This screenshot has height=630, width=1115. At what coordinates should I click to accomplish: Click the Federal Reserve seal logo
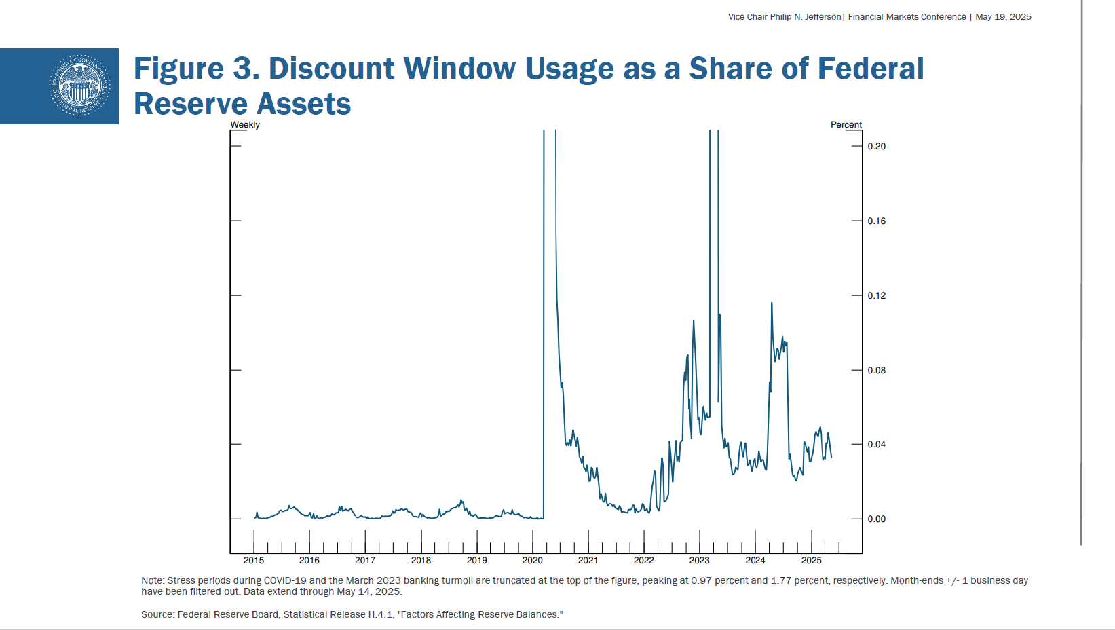pyautogui.click(x=79, y=86)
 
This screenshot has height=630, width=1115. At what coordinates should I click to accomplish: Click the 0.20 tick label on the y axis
pyautogui.click(x=876, y=146)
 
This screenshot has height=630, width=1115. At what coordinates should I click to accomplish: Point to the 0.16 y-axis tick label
pyautogui.click(x=876, y=221)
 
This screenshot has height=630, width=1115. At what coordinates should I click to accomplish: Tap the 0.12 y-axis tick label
pyautogui.click(x=876, y=295)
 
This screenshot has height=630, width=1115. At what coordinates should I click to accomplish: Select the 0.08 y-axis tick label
pyautogui.click(x=876, y=370)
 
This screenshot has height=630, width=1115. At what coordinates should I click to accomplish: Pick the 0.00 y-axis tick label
pyautogui.click(x=876, y=519)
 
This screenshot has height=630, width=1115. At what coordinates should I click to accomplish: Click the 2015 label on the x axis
pyautogui.click(x=254, y=561)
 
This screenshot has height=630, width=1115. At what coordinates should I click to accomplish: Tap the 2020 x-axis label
pyautogui.click(x=532, y=561)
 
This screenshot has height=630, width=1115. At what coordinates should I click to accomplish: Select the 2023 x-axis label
pyautogui.click(x=699, y=561)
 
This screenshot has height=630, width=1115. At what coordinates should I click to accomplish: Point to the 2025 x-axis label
pyautogui.click(x=811, y=561)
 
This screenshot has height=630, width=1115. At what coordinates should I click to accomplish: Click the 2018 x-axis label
pyautogui.click(x=421, y=561)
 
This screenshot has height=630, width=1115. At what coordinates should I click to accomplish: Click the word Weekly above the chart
pyautogui.click(x=245, y=125)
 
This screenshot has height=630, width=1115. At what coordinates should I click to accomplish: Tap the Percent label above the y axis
pyautogui.click(x=846, y=125)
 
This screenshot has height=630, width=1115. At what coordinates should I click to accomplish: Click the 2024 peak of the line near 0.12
pyautogui.click(x=772, y=303)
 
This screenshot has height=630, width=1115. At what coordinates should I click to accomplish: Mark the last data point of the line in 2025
pyautogui.click(x=831, y=457)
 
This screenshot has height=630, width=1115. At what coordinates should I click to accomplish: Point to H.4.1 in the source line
pyautogui.click(x=380, y=614)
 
